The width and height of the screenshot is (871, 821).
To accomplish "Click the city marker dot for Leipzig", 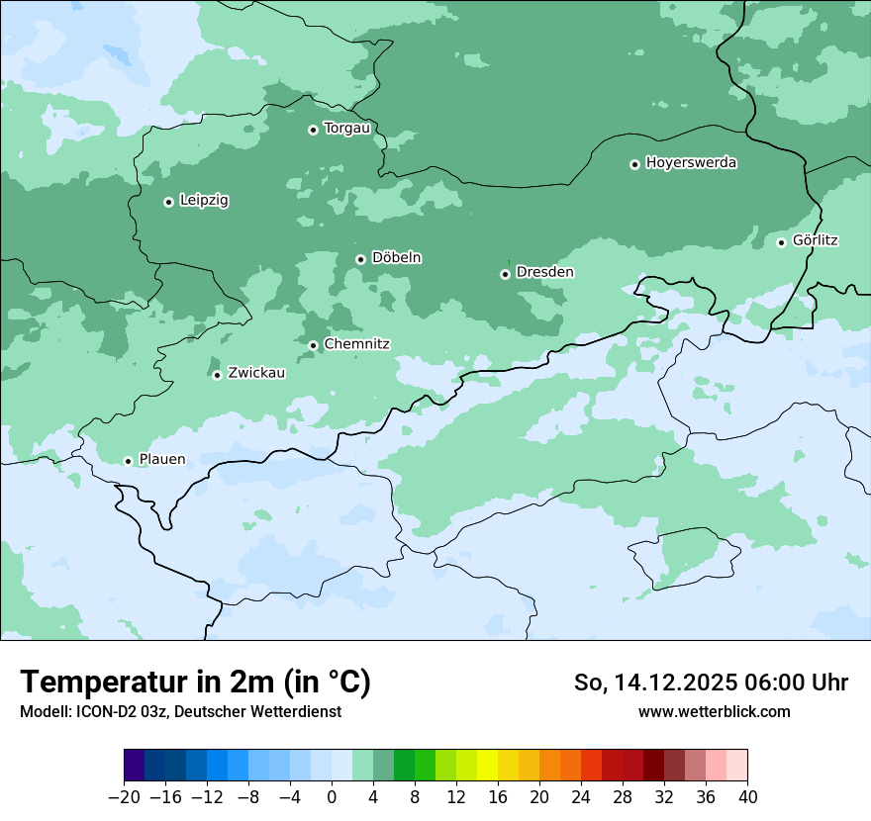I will point(168,202).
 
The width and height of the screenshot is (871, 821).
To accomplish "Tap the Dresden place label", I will point(544,272).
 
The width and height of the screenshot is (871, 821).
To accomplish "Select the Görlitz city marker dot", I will point(781,242).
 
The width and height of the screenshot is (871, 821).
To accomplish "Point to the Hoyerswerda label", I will point(691,163).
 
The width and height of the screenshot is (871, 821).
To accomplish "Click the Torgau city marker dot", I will point(313,130).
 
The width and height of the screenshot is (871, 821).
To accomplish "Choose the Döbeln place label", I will point(396,258).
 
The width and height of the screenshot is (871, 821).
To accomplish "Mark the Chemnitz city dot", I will point(313,345).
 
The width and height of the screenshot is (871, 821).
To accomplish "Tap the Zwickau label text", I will point(256,374).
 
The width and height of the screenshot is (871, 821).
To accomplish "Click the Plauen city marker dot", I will point(128,461).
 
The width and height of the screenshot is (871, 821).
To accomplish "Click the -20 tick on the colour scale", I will point(124,797).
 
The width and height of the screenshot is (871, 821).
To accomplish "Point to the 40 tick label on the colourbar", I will point(747,797).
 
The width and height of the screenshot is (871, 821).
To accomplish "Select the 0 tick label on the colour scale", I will point(332,797).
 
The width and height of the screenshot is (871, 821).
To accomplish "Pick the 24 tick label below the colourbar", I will point(581,797).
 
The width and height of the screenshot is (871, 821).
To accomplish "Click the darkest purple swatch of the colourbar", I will point(134,766).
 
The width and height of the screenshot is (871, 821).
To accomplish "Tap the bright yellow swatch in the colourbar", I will point(487,766).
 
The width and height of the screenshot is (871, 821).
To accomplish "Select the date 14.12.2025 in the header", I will point(669,683).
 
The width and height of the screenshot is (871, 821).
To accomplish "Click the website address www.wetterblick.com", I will point(714,711).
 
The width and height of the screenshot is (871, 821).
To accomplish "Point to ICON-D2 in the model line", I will point(102,712).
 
